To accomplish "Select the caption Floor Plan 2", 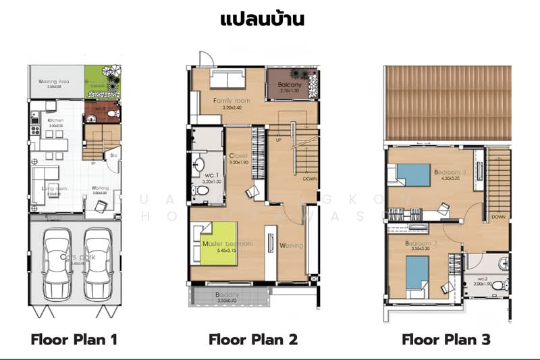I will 253,338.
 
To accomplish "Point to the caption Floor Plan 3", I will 446,338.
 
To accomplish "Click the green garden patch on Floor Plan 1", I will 103,82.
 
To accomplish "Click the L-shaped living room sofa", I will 40,182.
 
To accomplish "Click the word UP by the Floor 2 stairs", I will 278,140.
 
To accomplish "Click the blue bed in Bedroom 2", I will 413,174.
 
